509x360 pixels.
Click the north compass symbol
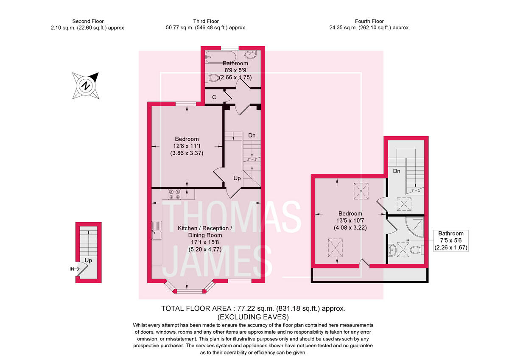(x=87, y=86)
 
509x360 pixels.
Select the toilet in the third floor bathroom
(x=213, y=78)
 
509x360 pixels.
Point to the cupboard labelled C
(x=214, y=97)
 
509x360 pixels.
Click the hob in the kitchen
(x=175, y=194)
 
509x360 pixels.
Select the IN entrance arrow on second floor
(x=73, y=269)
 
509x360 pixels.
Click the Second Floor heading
(x=88, y=21)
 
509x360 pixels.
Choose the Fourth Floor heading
(x=369, y=21)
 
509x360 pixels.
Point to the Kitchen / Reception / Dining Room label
(x=205, y=232)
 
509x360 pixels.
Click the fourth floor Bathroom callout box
(x=451, y=240)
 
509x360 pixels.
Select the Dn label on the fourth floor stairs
(x=397, y=171)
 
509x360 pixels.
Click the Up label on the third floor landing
(x=237, y=179)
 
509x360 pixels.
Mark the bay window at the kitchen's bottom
(x=189, y=290)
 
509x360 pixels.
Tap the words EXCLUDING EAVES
(x=253, y=317)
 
